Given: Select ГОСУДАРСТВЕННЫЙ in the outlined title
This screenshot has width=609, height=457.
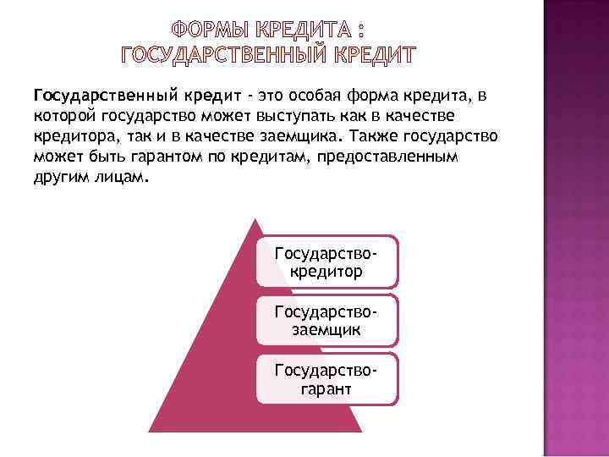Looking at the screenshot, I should click(226, 56).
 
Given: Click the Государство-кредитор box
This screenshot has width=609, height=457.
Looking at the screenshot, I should click(326, 262).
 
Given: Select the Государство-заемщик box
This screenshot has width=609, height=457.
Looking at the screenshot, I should click(326, 320).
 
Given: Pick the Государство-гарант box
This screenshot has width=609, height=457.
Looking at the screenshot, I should click(326, 378).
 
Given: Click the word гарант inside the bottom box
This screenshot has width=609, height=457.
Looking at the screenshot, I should click(326, 388).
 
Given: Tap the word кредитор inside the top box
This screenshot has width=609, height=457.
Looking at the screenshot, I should click(326, 272).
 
